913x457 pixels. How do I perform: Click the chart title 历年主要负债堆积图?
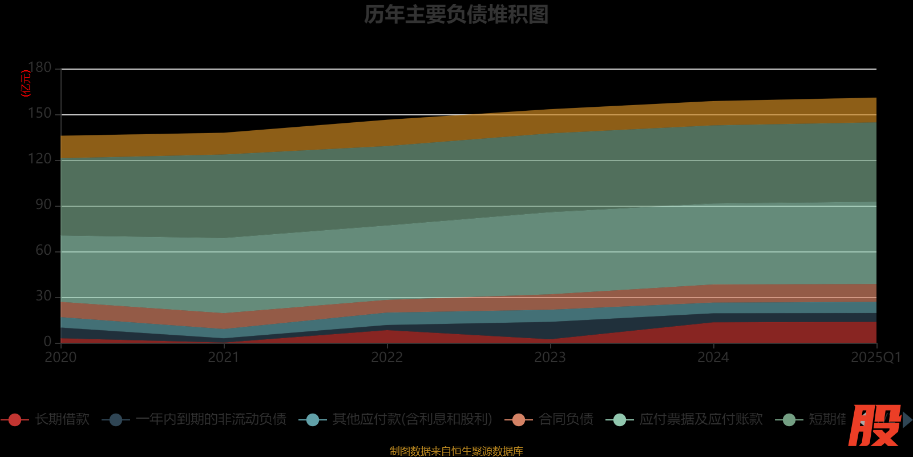pyautogui.click(x=456, y=14)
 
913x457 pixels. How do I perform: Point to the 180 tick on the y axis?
pyautogui.click(x=40, y=68)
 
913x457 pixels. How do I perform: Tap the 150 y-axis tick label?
pyautogui.click(x=40, y=114)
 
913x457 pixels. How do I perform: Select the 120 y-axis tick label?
pyautogui.click(x=40, y=159)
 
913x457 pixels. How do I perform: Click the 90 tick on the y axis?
pyautogui.click(x=43, y=205)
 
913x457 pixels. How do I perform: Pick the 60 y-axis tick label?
pyautogui.click(x=43, y=251)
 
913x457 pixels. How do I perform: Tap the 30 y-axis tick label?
pyautogui.click(x=43, y=296)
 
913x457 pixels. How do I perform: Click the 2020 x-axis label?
pyautogui.click(x=60, y=358)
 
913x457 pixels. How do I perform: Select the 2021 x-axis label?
pyautogui.click(x=224, y=358)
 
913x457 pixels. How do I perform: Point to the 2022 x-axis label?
pyautogui.click(x=387, y=358)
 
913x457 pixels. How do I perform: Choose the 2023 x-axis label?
pyautogui.click(x=550, y=358)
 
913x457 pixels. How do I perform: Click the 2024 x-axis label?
pyautogui.click(x=713, y=358)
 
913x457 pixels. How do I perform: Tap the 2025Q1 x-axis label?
pyautogui.click(x=875, y=358)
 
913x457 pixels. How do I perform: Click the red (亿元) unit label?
pyautogui.click(x=26, y=83)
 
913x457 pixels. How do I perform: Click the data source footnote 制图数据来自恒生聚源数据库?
pyautogui.click(x=456, y=451)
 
